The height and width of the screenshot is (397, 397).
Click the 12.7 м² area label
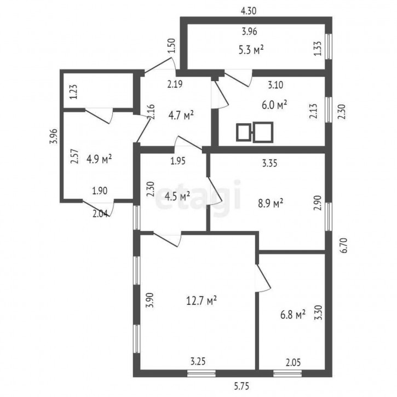[x=202, y=301]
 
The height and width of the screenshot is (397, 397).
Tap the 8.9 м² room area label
[x=271, y=203]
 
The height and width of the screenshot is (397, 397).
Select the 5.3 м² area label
[x=251, y=50]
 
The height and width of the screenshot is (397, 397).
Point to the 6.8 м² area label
[x=293, y=315]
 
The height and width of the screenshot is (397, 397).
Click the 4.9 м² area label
[x=99, y=159]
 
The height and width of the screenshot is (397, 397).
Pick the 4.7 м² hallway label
[x=181, y=116]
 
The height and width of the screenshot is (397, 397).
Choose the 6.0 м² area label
[x=274, y=105]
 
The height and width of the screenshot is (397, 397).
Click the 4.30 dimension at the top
[x=249, y=11]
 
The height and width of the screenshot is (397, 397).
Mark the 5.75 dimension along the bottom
[x=242, y=386]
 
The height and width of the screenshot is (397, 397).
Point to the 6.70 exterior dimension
[x=344, y=245]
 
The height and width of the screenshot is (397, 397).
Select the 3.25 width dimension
[x=198, y=361]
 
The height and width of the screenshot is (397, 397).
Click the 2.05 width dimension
[x=294, y=363]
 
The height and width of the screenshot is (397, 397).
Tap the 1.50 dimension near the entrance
[x=171, y=45]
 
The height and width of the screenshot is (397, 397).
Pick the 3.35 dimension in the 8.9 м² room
[x=269, y=163]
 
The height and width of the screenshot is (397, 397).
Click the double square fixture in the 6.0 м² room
[x=255, y=131]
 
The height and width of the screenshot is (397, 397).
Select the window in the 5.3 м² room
[x=329, y=47]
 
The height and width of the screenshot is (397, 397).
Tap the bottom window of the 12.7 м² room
[x=202, y=373]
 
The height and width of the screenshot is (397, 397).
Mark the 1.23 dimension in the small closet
[x=73, y=91]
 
